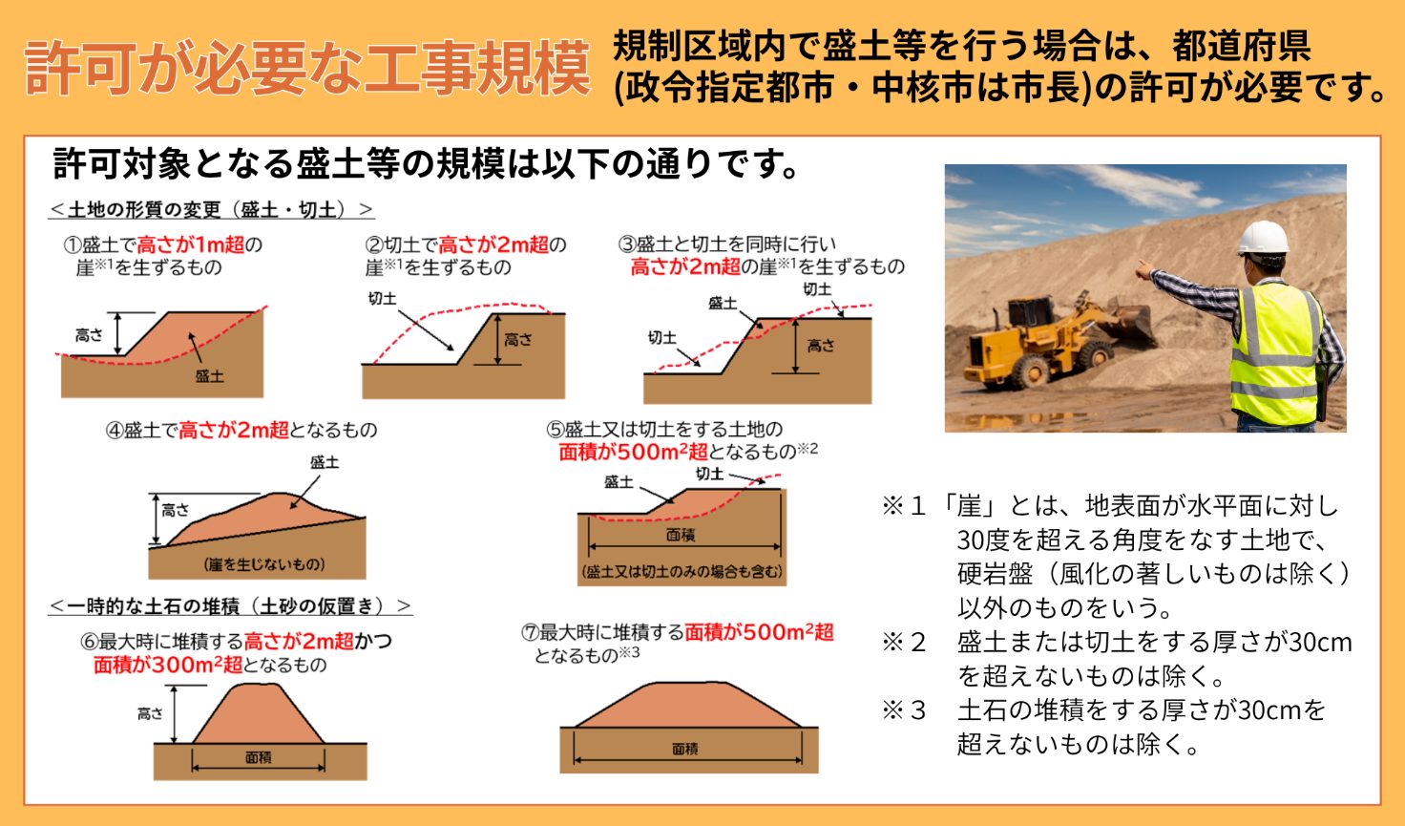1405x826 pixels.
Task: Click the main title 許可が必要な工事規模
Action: (x=307, y=69)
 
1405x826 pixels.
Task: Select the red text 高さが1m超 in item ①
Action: (x=191, y=244)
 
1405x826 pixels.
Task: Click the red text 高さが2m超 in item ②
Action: (x=493, y=244)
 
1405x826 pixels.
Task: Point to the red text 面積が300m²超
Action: (x=167, y=665)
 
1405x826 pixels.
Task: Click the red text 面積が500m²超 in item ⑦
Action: (x=759, y=632)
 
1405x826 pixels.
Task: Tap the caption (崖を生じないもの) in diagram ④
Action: (x=264, y=564)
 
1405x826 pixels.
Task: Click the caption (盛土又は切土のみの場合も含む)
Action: (x=682, y=572)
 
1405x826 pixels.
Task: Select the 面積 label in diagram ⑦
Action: (x=685, y=749)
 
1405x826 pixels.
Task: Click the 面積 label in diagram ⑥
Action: (x=258, y=757)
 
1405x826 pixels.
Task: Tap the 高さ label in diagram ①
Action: (x=89, y=335)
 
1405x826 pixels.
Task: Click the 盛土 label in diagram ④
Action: (x=325, y=462)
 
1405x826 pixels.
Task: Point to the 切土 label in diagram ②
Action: (x=382, y=299)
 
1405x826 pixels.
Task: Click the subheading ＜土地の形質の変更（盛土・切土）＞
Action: (x=212, y=209)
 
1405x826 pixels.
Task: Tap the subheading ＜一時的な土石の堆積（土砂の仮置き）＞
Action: (x=231, y=605)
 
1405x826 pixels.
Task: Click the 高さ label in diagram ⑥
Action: (x=150, y=713)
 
